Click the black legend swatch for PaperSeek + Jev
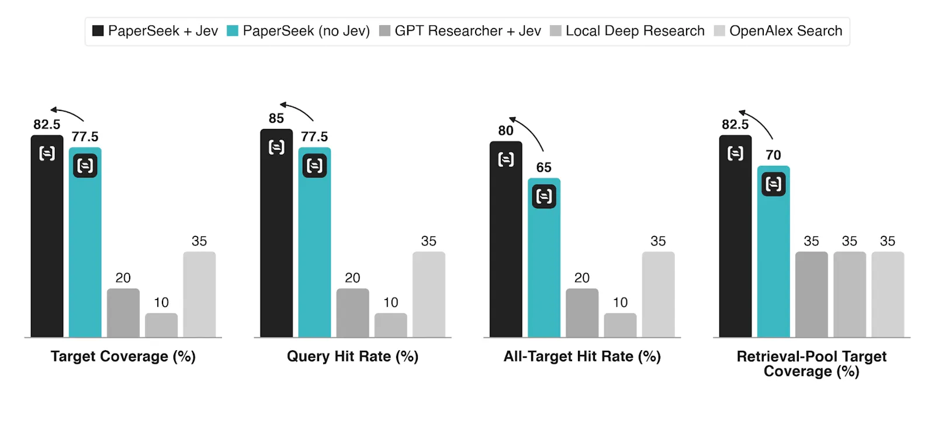click(98, 31)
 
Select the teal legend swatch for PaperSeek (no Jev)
click(233, 31)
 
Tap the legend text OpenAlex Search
click(785, 31)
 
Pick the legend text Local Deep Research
click(635, 31)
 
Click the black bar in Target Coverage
click(47, 236)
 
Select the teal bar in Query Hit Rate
click(315, 242)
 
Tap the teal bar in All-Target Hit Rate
click(544, 257)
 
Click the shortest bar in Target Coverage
click(161, 325)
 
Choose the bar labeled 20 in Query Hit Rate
click(353, 313)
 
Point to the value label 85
click(276, 118)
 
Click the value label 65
click(544, 168)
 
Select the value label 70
click(774, 155)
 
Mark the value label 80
click(505, 131)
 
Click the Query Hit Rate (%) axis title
click(353, 357)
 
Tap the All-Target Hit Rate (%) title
click(582, 357)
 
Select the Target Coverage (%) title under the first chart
click(123, 357)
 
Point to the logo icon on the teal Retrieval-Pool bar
click(774, 184)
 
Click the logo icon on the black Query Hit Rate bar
click(276, 147)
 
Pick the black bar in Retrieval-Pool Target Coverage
click(736, 236)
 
